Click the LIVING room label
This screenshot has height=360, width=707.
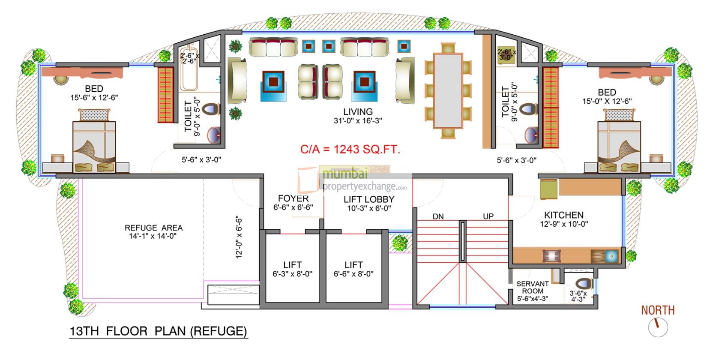(x=358, y=112)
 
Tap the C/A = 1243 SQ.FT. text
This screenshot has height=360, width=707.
(x=350, y=150)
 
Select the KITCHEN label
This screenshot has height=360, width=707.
(x=563, y=215)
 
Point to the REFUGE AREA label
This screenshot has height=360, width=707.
(x=153, y=228)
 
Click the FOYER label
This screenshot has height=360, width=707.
(x=293, y=198)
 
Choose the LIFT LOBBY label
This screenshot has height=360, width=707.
(x=368, y=199)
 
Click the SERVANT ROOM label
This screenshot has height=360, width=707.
(x=532, y=287)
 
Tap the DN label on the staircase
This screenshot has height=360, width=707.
(x=438, y=216)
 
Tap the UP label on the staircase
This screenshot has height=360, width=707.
(x=488, y=216)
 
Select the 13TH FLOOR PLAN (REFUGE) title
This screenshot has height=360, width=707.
(x=159, y=331)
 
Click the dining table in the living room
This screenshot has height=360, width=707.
(x=448, y=90)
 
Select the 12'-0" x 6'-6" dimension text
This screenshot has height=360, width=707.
(x=239, y=237)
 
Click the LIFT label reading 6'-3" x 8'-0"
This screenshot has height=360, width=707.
(x=292, y=269)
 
